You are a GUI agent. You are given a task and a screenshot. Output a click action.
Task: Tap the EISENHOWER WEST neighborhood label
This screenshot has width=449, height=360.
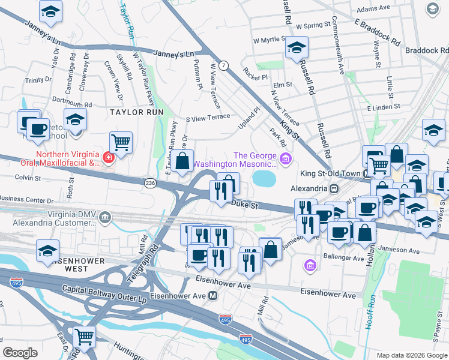pos(71,261)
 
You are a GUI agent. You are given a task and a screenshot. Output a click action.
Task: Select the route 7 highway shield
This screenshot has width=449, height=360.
pos(223,65)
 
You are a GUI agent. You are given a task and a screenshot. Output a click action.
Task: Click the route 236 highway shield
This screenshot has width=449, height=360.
pos(151,182)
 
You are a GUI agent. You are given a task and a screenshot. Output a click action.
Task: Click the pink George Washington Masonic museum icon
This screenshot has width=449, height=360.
pos(286,159)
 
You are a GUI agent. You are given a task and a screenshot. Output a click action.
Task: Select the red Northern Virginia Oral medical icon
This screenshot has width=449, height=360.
pos(107,158)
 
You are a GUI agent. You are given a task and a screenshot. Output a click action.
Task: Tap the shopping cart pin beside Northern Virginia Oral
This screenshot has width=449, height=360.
pos(121,142)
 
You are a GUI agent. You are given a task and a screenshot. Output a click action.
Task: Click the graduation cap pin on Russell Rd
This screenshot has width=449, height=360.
pos(295,47)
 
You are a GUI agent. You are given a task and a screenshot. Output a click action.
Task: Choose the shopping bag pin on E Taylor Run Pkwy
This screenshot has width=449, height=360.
pos(184,161)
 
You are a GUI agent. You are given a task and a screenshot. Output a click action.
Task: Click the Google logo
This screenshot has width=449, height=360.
pos(20,353)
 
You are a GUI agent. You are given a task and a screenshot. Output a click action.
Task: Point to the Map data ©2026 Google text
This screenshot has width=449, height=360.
pos(411,355)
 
